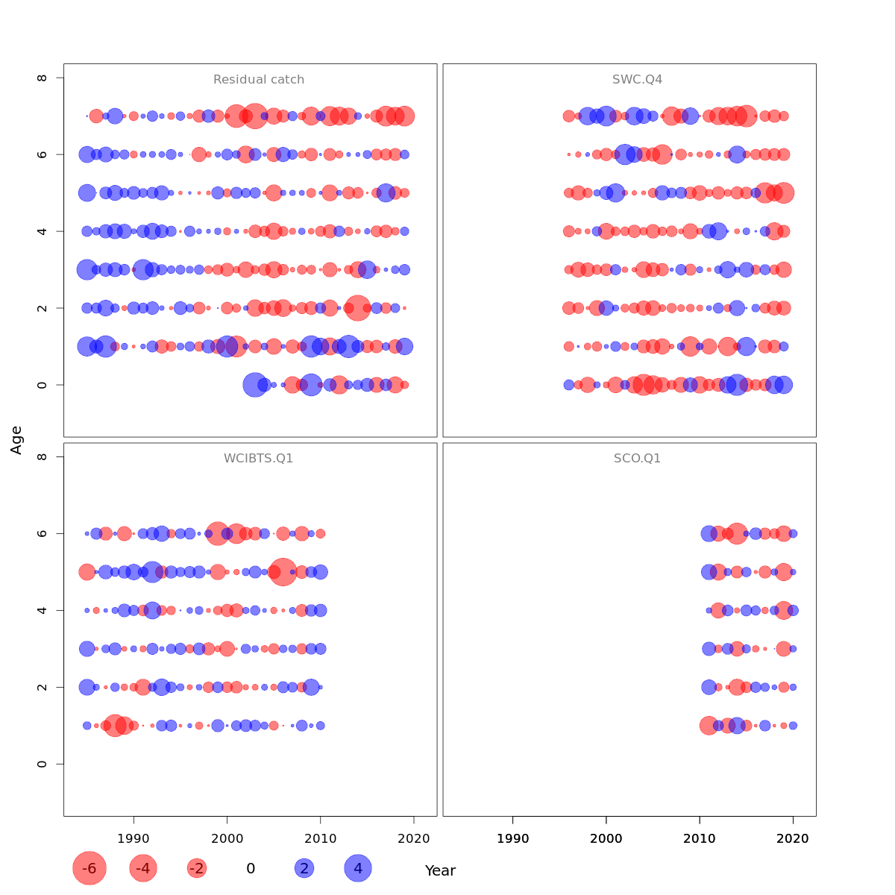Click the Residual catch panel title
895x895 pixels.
point(259,80)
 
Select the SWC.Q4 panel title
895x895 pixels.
point(637,80)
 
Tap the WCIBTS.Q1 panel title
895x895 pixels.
point(259,459)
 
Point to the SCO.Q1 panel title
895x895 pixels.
point(637,459)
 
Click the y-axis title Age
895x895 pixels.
point(16,440)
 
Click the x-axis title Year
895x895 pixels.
point(440,870)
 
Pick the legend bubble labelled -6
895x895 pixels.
point(89,868)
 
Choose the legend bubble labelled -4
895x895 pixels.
point(143,868)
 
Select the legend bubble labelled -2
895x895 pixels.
point(197,868)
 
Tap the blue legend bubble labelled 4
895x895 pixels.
point(358,868)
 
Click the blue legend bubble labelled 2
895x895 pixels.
point(304,868)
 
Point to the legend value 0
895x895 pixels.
point(251,868)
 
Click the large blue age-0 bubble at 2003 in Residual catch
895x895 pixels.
point(255,385)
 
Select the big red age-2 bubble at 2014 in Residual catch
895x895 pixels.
point(358,308)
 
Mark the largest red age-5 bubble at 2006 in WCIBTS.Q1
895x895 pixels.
point(283,572)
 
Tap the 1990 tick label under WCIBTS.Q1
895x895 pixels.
point(134,838)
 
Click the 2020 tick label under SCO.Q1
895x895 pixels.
point(793,838)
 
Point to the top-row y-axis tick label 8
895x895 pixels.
point(43,78)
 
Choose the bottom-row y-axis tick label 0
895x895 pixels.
point(43,764)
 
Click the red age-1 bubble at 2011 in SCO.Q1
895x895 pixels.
point(709,726)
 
